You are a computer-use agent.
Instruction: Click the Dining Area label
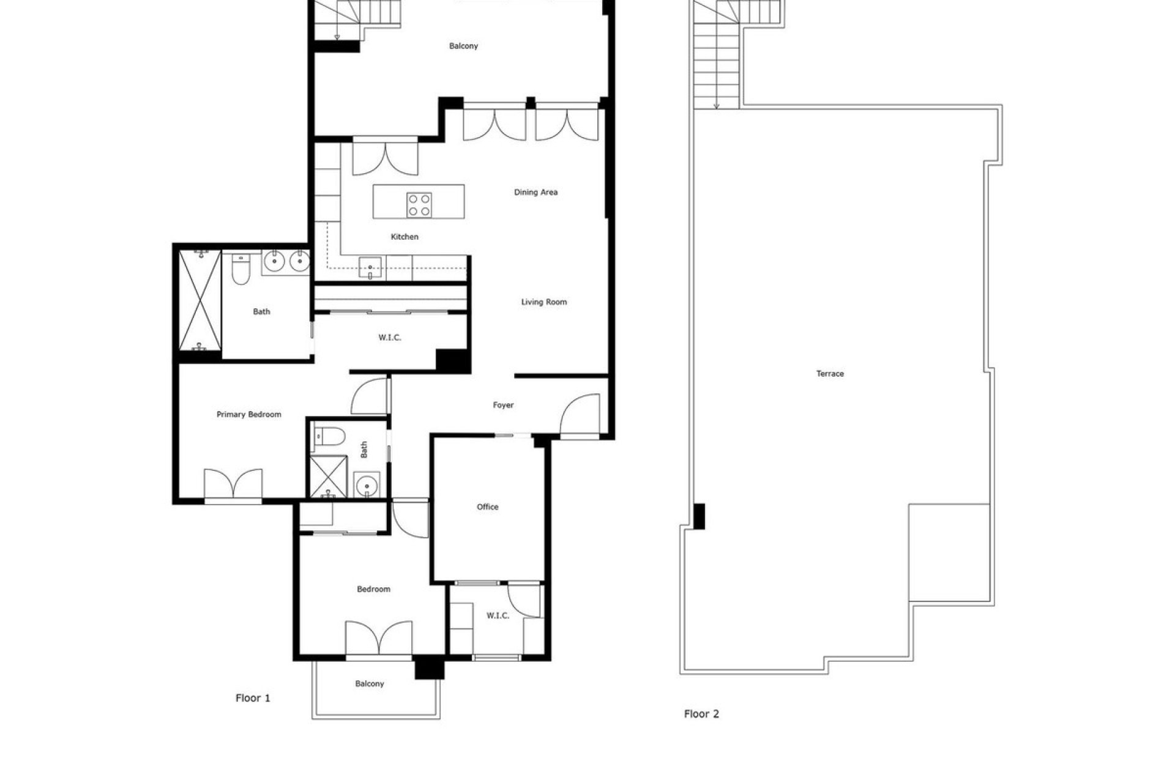click(535, 192)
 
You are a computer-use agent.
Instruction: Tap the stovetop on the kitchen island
click(419, 205)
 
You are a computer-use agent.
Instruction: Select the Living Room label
click(543, 302)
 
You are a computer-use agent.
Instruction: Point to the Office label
click(487, 507)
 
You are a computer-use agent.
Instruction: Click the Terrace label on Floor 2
click(830, 373)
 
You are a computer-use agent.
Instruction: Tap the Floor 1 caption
click(253, 698)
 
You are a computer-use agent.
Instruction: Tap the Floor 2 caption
click(701, 713)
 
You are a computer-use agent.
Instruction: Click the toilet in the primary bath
click(241, 271)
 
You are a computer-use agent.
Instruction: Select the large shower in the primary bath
click(200, 300)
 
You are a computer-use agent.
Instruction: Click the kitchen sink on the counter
click(370, 267)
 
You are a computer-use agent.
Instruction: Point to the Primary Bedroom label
click(248, 414)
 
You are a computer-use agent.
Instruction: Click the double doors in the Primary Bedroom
click(233, 483)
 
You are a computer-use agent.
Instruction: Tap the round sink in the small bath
click(367, 486)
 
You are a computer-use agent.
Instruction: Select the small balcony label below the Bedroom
click(370, 683)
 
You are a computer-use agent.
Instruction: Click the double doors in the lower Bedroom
click(378, 637)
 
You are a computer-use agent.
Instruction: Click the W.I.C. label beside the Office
click(498, 615)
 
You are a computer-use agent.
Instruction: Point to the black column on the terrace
click(699, 516)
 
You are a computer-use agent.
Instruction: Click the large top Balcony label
click(463, 46)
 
